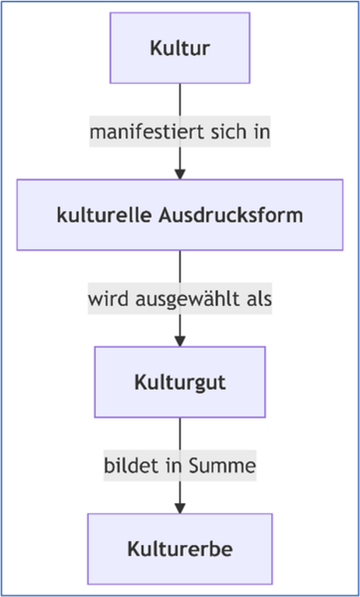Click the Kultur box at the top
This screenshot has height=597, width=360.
point(180,48)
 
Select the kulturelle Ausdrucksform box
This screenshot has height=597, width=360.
point(180,215)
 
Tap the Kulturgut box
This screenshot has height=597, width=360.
point(180,382)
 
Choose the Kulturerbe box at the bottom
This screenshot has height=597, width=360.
point(180,548)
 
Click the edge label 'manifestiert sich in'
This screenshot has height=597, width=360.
point(180,132)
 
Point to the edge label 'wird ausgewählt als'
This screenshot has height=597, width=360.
point(180,298)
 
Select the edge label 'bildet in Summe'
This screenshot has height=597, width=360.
point(180,465)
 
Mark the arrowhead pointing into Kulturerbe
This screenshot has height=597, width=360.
point(180,507)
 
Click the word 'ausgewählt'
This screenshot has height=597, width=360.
point(185,298)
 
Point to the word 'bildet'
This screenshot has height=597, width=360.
point(127,465)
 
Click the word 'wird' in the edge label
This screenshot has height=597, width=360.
point(106,298)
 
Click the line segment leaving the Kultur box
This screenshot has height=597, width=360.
point(180,100)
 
